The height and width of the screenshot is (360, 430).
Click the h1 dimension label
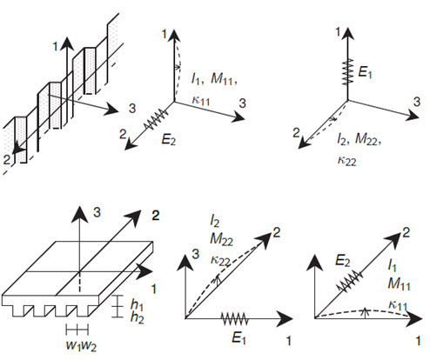(x=137, y=304)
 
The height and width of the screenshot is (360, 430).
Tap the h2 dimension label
(x=138, y=317)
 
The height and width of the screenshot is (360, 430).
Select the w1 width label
(x=73, y=345)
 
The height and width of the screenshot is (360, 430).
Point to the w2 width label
(x=89, y=346)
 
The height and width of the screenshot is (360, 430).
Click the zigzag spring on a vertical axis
(x=347, y=72)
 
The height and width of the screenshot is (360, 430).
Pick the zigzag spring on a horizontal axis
(x=235, y=318)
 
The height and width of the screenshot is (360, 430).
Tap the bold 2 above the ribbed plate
(x=156, y=216)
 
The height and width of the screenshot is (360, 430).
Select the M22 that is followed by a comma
(x=366, y=139)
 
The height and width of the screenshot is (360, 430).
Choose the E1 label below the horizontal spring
(x=239, y=337)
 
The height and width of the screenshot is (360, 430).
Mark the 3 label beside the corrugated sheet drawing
(x=132, y=109)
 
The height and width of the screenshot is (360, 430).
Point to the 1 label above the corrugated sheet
(x=56, y=46)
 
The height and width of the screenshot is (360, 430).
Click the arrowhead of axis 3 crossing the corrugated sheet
(x=111, y=110)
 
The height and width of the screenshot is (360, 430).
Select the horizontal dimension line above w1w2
(x=77, y=330)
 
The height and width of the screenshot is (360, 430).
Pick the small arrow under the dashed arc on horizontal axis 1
(x=366, y=312)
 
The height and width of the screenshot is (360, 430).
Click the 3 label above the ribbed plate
(x=97, y=212)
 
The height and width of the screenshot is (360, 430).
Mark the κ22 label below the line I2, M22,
(x=346, y=160)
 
